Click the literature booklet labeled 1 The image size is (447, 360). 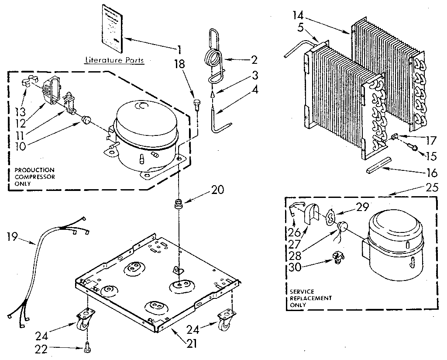tap(112, 27)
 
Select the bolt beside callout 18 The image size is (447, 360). tap(197, 105)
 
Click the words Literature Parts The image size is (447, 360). tap(114, 60)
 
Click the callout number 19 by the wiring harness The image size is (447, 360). tap(13, 237)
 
